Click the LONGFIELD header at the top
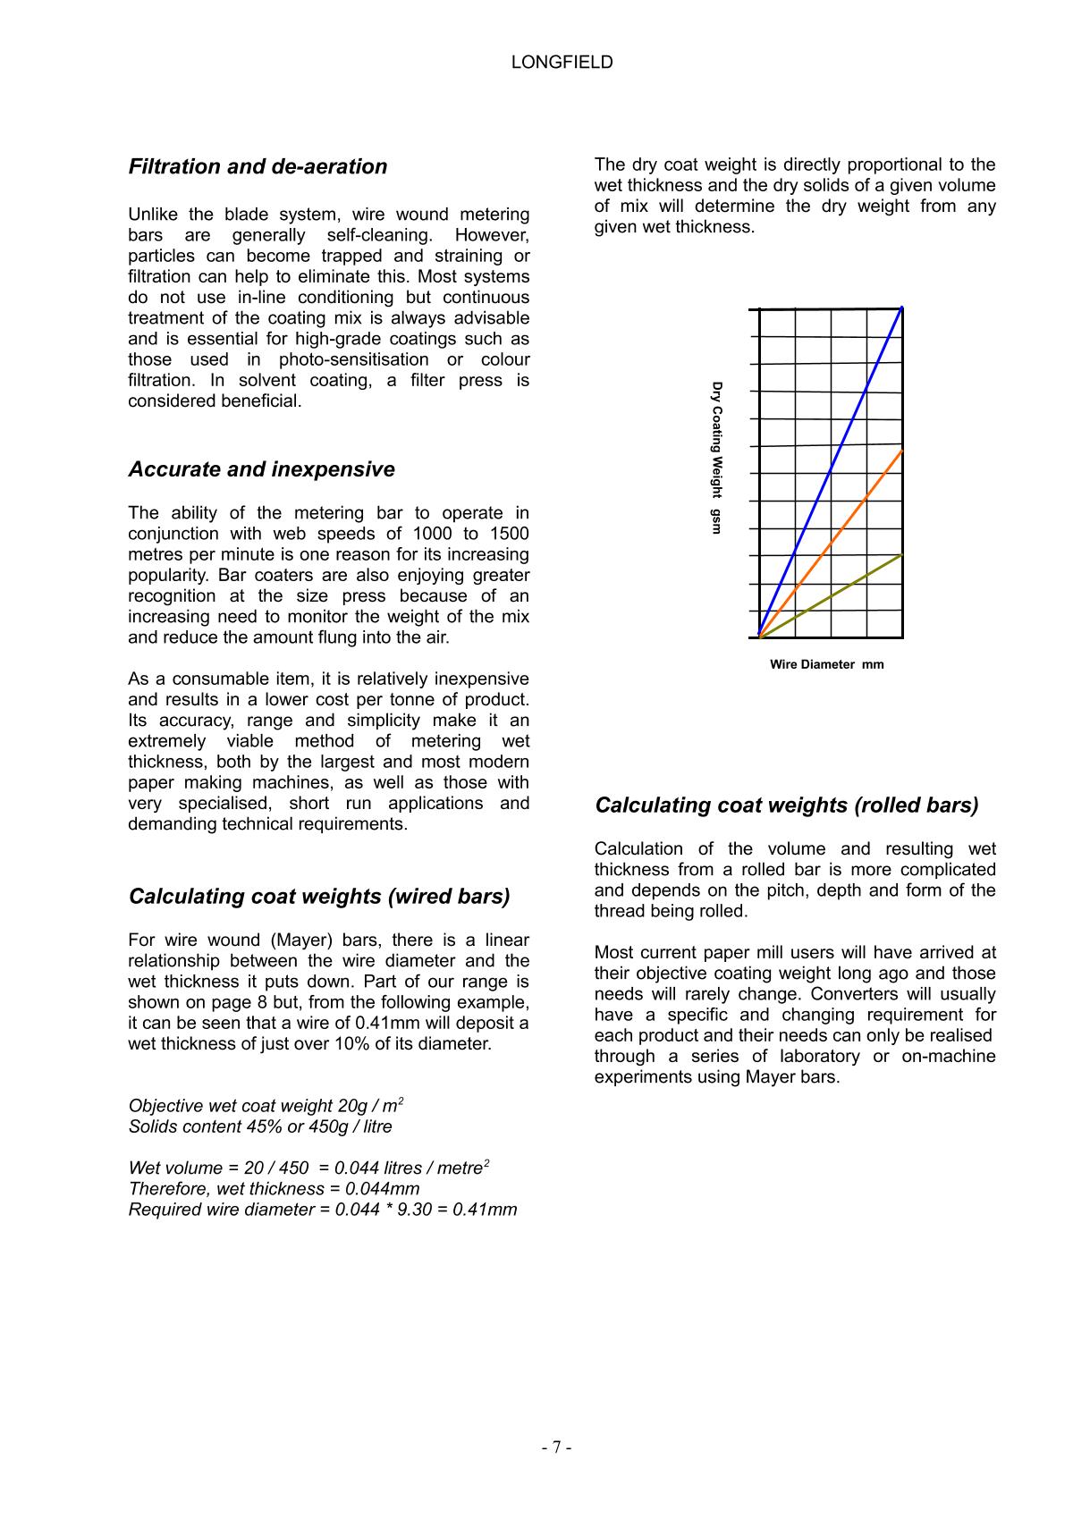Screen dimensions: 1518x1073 562,63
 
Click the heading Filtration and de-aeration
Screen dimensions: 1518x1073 258,167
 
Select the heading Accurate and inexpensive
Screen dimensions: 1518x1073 261,469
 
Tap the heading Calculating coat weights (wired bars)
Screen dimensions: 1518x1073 319,897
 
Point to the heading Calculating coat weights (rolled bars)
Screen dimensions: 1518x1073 787,805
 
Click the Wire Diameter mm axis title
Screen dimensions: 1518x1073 826,664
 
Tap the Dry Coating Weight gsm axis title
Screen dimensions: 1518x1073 716,458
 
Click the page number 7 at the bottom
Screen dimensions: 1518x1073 556,1447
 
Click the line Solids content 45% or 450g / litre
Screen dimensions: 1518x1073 260,1126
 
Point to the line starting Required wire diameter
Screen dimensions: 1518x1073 323,1210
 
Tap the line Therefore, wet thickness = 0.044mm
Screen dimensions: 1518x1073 274,1189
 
